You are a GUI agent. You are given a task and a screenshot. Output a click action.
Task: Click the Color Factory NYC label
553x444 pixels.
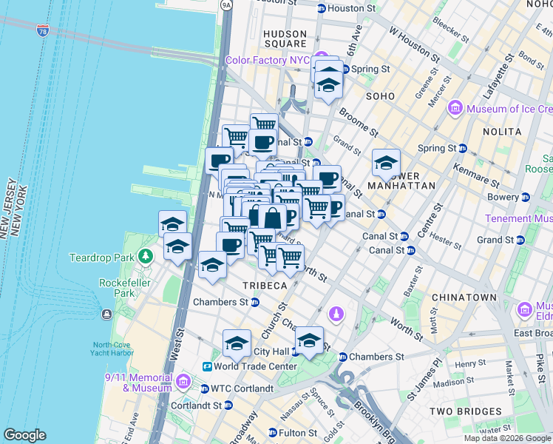(x=268, y=60)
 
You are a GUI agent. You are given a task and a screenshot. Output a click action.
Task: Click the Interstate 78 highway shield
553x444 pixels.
(x=43, y=31)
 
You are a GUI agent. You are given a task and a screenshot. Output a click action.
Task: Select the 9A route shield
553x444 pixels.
(x=226, y=5)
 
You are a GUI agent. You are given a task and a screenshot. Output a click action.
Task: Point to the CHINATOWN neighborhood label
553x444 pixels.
(x=465, y=297)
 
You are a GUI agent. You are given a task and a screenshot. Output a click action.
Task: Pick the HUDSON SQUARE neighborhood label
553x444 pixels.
(x=285, y=38)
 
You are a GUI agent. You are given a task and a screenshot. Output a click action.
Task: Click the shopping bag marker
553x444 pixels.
(x=272, y=218)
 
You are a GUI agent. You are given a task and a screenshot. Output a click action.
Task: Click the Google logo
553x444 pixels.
(x=24, y=435)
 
